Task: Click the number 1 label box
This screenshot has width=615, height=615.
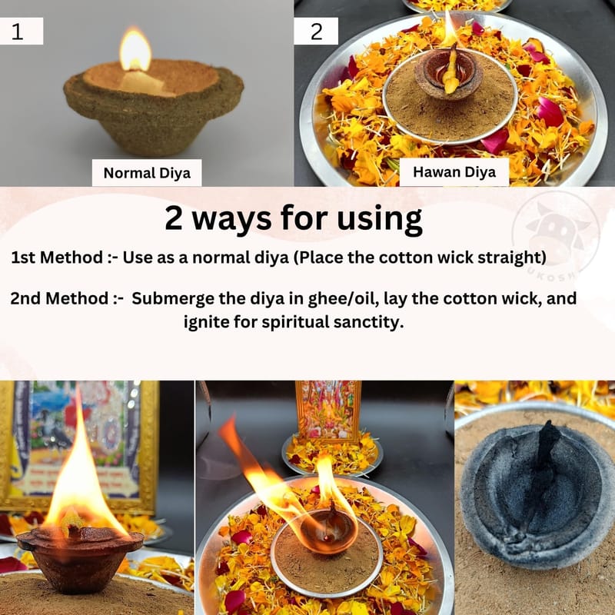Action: (22, 31)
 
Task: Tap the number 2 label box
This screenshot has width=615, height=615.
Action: (316, 31)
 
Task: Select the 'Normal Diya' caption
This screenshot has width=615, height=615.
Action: (147, 173)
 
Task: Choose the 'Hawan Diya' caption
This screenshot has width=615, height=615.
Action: (454, 171)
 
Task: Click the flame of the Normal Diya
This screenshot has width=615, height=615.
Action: (135, 50)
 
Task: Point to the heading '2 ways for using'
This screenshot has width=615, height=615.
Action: (294, 218)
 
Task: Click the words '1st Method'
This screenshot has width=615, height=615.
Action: (57, 258)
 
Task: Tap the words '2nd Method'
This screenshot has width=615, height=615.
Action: (59, 298)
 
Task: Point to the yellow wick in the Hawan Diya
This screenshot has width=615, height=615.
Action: (452, 71)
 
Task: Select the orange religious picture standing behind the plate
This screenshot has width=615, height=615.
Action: (329, 411)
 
